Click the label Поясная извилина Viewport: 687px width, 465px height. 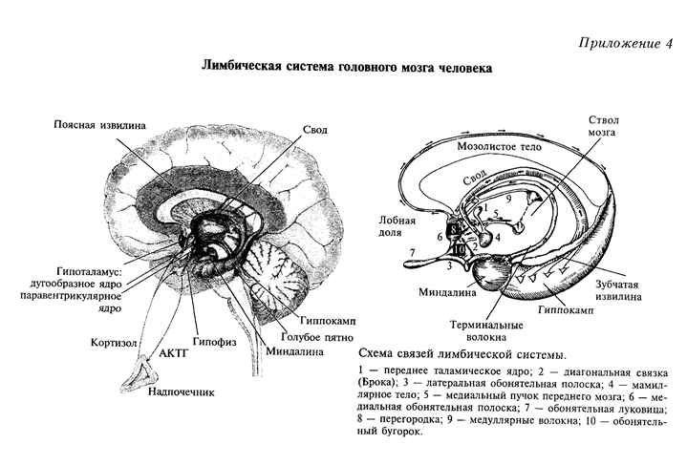99,125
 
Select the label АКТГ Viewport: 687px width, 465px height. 173,353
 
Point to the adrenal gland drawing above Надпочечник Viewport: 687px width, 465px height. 140,374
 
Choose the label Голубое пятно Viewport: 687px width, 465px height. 317,337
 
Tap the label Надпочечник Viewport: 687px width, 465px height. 181,391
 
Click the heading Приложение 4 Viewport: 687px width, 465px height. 626,44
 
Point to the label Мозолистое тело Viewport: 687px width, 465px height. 499,146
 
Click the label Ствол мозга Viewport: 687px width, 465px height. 603,126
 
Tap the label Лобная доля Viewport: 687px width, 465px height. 397,226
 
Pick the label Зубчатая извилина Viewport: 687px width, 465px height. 618,290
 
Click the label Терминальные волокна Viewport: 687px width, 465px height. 486,331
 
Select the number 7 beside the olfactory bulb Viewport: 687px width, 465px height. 412,253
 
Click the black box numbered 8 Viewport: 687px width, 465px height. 454,229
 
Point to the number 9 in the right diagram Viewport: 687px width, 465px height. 508,200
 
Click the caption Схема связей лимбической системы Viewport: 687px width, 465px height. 459,354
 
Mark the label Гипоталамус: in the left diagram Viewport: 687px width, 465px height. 91,272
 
